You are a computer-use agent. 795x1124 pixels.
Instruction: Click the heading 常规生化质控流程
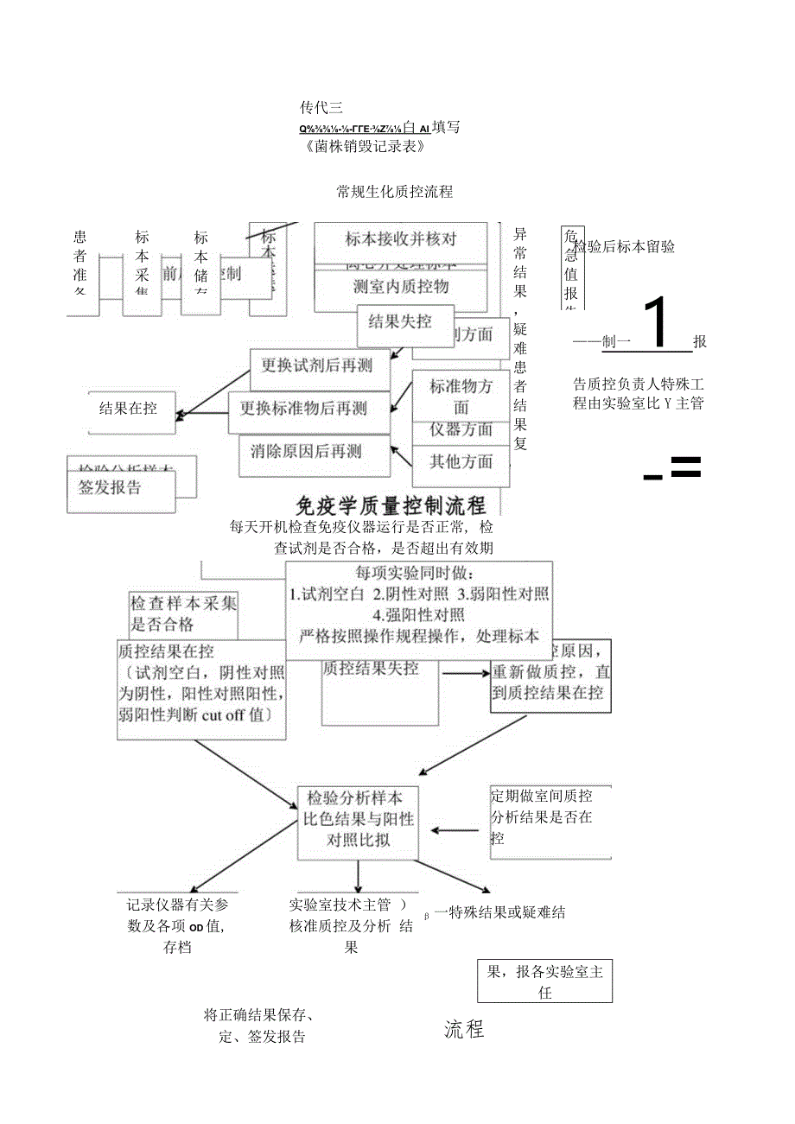coord(395,192)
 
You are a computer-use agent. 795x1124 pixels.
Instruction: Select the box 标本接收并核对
coord(400,239)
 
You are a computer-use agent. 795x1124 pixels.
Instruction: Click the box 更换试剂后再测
coord(317,365)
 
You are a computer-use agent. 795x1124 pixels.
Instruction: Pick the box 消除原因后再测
coord(306,451)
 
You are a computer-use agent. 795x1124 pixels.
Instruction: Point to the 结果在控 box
coord(129,408)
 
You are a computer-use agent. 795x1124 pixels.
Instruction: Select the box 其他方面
coord(461,460)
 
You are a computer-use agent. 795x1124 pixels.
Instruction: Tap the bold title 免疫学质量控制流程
coord(391,505)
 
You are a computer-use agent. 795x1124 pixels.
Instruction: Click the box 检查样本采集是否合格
coord(182,613)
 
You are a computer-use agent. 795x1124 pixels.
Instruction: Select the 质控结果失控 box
coord(371,668)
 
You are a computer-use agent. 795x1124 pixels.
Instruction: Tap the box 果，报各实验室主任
coord(544,981)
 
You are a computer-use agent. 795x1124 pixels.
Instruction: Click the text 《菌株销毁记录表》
coord(366,146)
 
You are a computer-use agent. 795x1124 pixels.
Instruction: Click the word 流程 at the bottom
coord(465,1029)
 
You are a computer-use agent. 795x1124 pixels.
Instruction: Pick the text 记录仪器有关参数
coord(176,905)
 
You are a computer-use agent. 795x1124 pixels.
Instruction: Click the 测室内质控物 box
coord(400,286)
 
